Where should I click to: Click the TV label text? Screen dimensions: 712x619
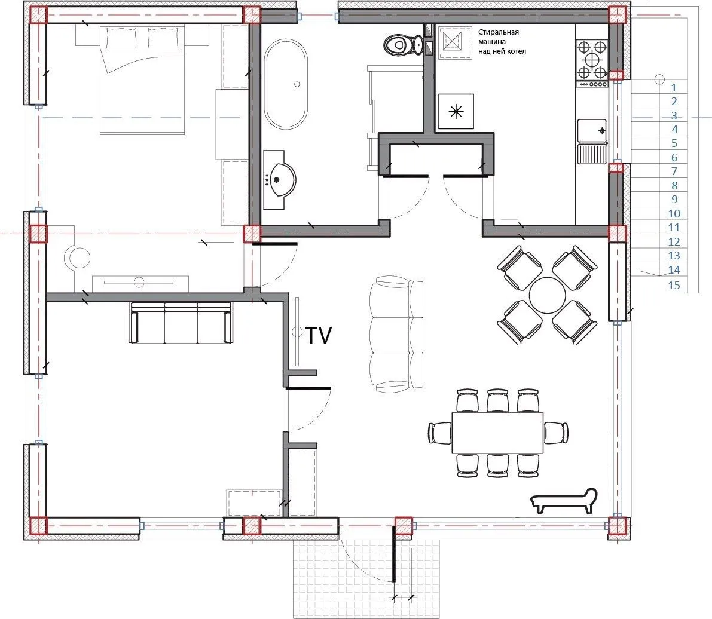pos(319,336)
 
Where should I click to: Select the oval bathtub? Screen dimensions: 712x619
pos(286,84)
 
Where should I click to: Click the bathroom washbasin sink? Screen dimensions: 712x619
pos(279,180)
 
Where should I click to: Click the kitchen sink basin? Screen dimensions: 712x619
pos(592,131)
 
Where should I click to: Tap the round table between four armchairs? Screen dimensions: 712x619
pos(547,295)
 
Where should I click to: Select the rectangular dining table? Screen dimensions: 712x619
pos(497,433)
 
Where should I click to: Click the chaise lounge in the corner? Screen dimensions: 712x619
pos(564,501)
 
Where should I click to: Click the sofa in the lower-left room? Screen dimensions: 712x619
pos(181,322)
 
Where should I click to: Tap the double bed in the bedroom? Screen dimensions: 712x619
pos(142,79)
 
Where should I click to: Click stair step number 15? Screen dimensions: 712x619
pos(674,285)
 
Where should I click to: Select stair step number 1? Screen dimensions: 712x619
pos(674,87)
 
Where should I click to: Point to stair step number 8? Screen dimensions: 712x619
pos(674,185)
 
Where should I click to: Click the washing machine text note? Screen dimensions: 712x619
pos(502,42)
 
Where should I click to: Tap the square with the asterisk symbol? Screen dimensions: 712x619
pos(456,112)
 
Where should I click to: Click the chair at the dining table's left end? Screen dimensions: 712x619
pos(440,433)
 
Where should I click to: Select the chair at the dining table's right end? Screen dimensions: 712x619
pos(556,433)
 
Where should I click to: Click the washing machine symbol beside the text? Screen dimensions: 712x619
pos(456,42)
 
